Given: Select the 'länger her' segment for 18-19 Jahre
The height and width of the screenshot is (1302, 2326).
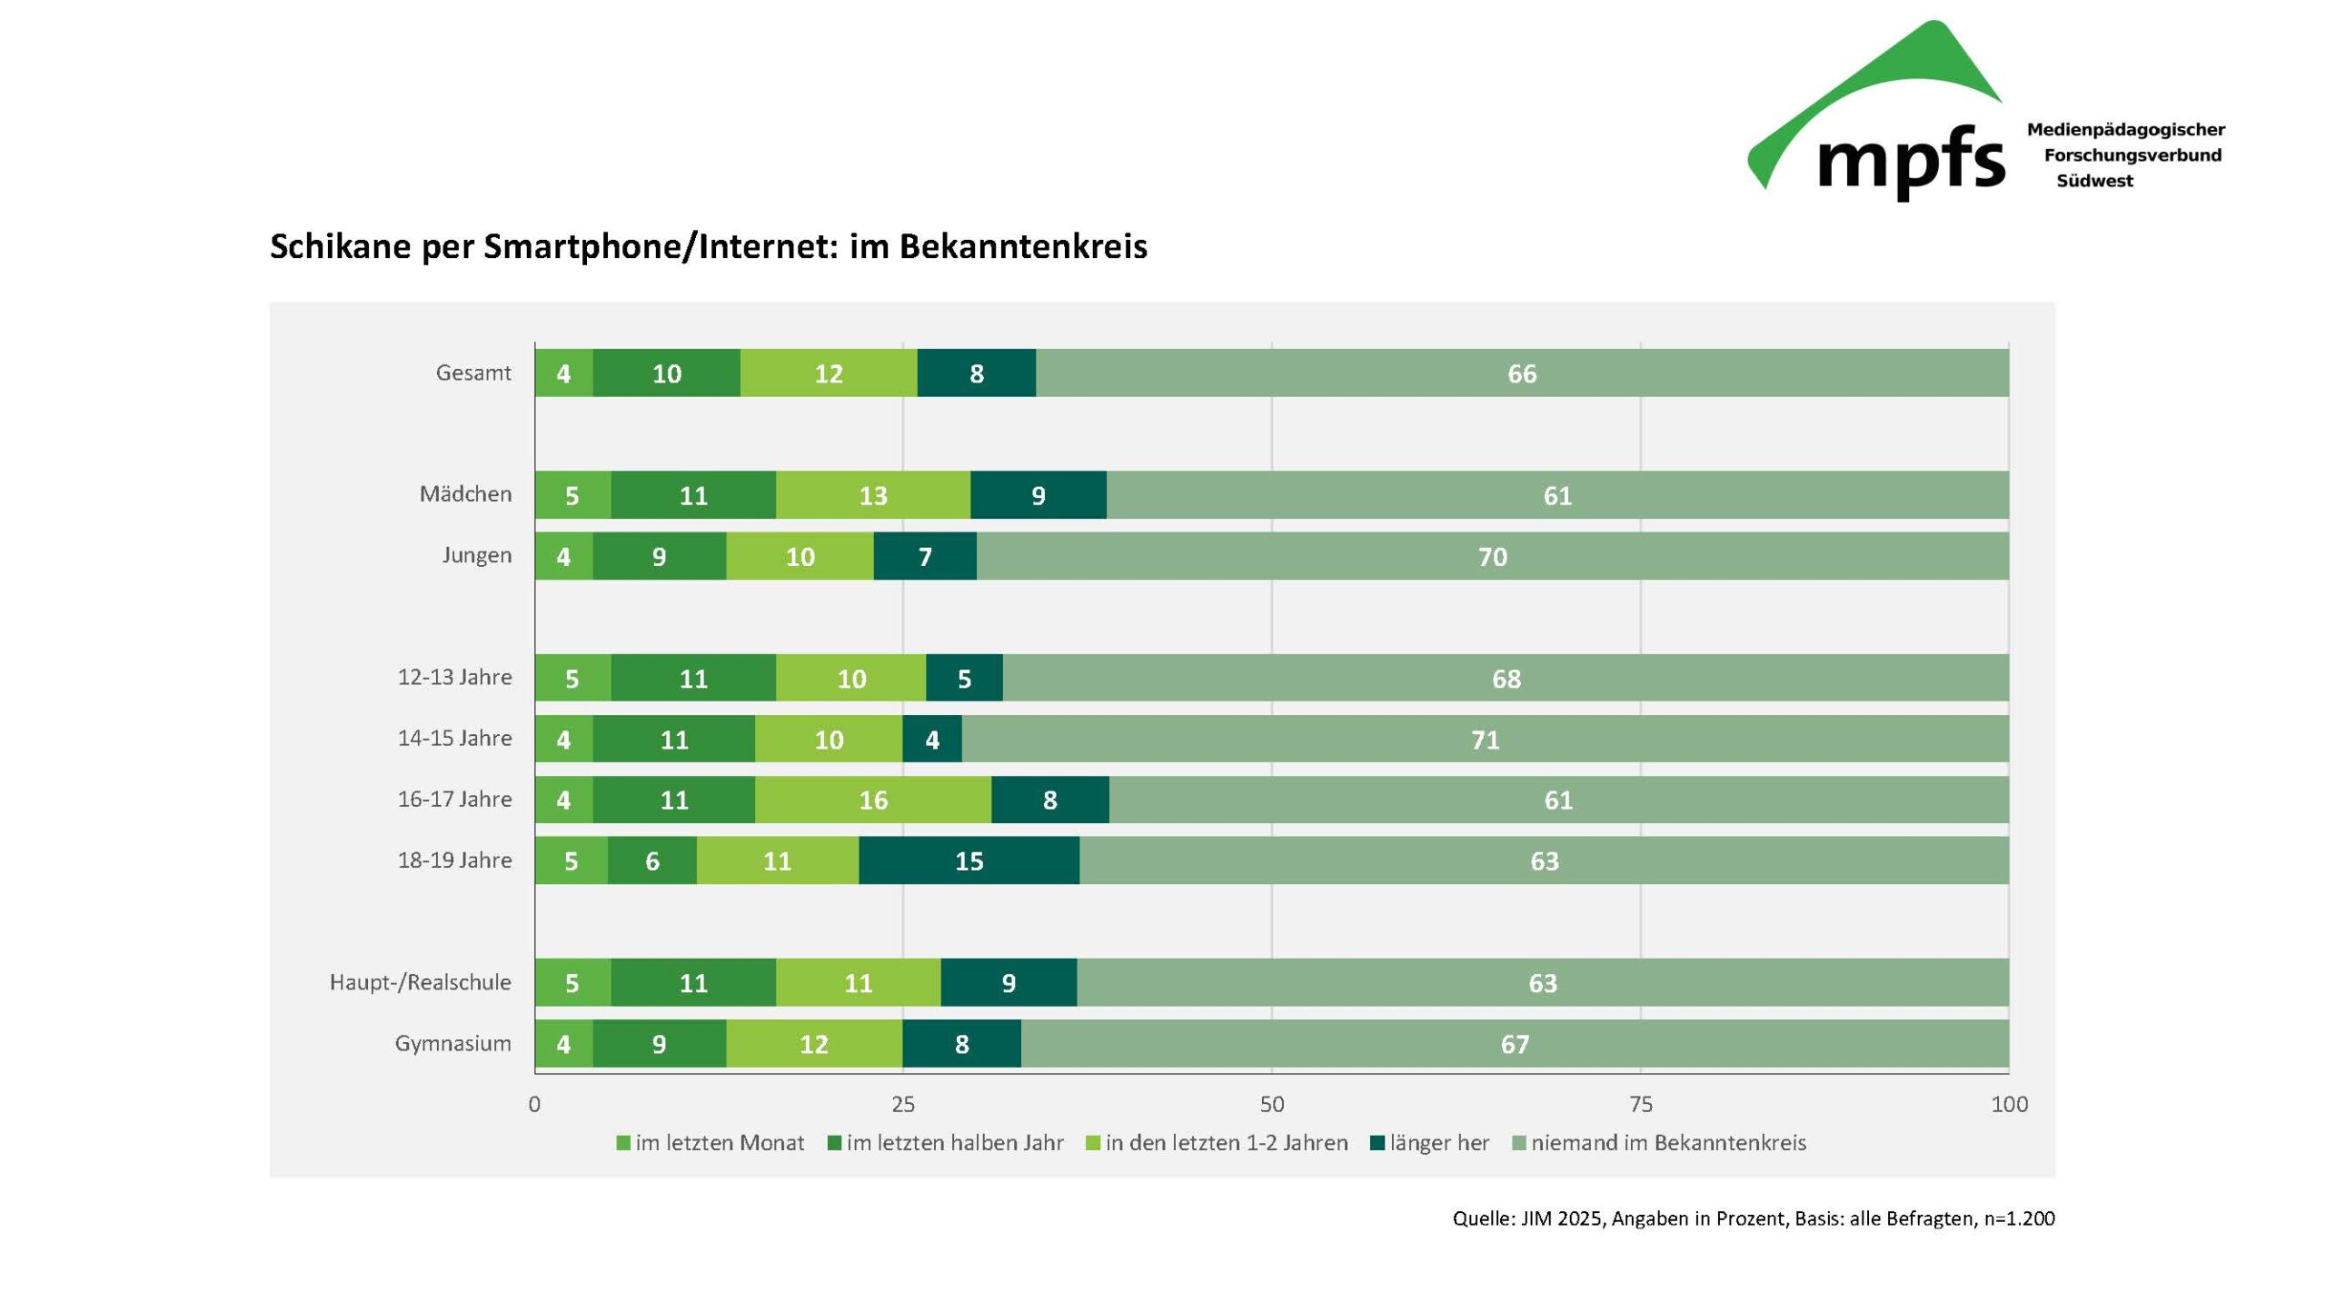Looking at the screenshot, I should pos(969,860).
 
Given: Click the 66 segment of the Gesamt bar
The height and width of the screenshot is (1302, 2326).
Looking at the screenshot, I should pos(1522,373).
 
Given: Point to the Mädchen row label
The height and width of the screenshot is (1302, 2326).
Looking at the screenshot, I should pos(465,494).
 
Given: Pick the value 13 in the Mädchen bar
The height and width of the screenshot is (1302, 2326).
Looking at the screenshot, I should pos(872,495).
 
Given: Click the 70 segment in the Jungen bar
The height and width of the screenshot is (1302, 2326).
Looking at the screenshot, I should pos(1492,556).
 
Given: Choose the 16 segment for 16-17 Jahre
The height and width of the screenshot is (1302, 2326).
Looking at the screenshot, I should pos(872,800).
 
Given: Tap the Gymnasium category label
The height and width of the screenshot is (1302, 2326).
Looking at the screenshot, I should pos(452,1043).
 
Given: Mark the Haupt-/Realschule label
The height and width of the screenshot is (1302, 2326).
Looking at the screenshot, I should pos(420,982).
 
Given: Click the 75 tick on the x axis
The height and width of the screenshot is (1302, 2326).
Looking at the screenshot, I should pos(1640,1104).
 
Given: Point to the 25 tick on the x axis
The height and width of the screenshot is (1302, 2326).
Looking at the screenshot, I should pos(902,1104).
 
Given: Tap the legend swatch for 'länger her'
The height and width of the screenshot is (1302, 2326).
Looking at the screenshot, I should pos(1377,1143).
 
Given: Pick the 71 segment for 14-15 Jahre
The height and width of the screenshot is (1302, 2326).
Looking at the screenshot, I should pos(1485,740).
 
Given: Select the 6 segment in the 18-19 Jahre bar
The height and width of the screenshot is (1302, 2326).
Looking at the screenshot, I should pos(651,860).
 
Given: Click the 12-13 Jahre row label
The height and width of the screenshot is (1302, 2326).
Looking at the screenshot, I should pos(454,677).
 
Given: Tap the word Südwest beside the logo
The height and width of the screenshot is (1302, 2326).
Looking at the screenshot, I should pos(2094,181).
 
